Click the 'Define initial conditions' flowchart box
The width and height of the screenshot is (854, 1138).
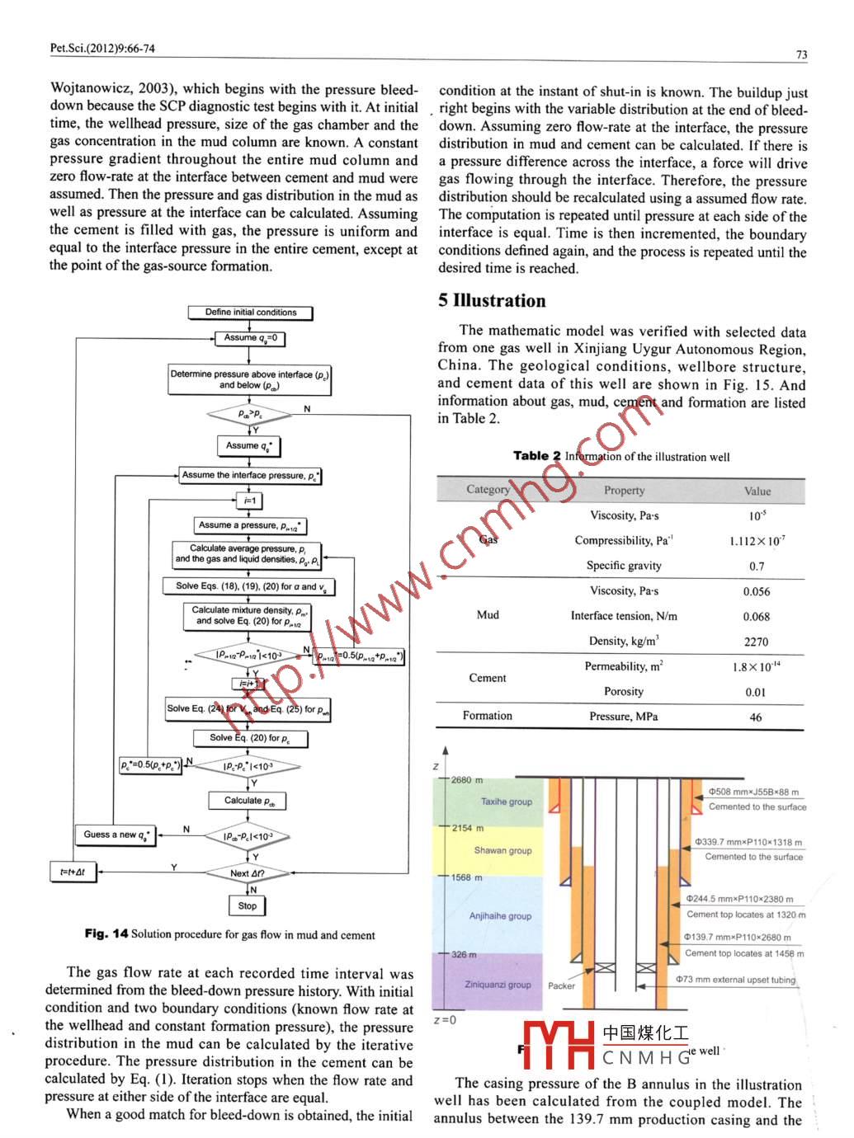251,313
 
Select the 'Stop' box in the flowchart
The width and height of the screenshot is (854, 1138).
248,905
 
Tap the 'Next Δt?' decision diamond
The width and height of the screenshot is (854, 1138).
248,873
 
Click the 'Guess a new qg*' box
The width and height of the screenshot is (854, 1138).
116,835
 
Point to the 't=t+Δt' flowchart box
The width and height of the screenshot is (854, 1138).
73,872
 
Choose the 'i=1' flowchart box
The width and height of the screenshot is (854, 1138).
248,501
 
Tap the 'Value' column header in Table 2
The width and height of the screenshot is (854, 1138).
757,491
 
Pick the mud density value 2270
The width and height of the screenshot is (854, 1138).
756,642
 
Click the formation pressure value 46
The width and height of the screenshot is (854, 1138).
756,717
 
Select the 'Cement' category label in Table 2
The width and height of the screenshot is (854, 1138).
488,678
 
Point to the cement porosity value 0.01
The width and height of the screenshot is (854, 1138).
756,693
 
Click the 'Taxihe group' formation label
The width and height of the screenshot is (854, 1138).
507,802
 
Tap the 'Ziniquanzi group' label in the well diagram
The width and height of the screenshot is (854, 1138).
498,985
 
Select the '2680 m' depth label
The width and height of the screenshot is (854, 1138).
467,780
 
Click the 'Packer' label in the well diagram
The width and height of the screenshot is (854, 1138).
561,985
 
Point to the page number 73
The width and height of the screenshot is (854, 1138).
801,54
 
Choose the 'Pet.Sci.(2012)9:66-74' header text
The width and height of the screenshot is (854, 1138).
102,48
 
